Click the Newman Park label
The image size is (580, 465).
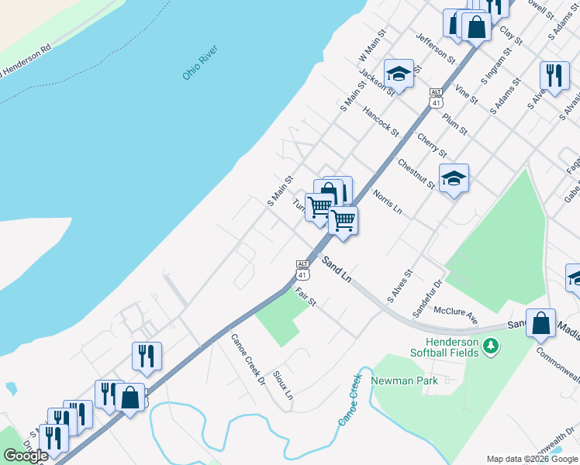point(405,381)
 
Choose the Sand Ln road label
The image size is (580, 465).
point(338,272)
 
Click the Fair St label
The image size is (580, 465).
point(306,297)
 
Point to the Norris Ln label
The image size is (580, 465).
point(387,201)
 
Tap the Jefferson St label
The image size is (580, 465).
point(435,49)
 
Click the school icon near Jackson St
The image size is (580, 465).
point(399,74)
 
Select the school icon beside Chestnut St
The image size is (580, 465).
point(454,179)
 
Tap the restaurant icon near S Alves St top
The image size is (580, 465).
point(553,75)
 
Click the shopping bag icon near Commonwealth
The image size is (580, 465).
point(540,323)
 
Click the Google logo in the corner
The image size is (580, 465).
point(26,456)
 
